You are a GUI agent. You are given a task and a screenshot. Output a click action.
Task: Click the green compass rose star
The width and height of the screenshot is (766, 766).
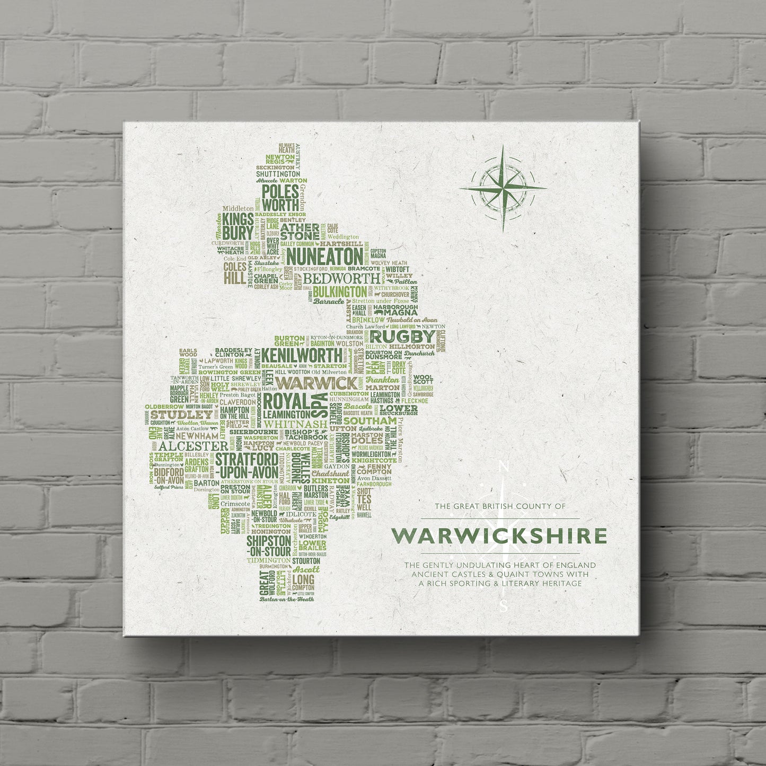point(503,188)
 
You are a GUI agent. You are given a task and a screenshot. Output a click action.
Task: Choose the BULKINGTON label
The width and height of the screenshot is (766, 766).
point(339,291)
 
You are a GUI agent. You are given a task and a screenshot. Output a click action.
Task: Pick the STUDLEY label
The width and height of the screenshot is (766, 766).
point(174,413)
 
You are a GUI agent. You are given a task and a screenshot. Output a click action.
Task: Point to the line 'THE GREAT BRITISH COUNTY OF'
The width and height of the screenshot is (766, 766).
point(500,507)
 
